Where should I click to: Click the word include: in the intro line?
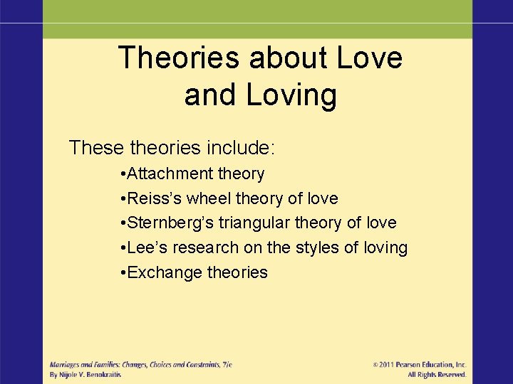(x=241, y=148)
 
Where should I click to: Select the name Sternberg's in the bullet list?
(x=170, y=223)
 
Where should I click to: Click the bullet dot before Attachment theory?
(x=123, y=174)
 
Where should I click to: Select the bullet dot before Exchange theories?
(x=123, y=273)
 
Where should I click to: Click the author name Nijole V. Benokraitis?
(x=90, y=374)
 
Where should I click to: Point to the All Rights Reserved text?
(x=437, y=374)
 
